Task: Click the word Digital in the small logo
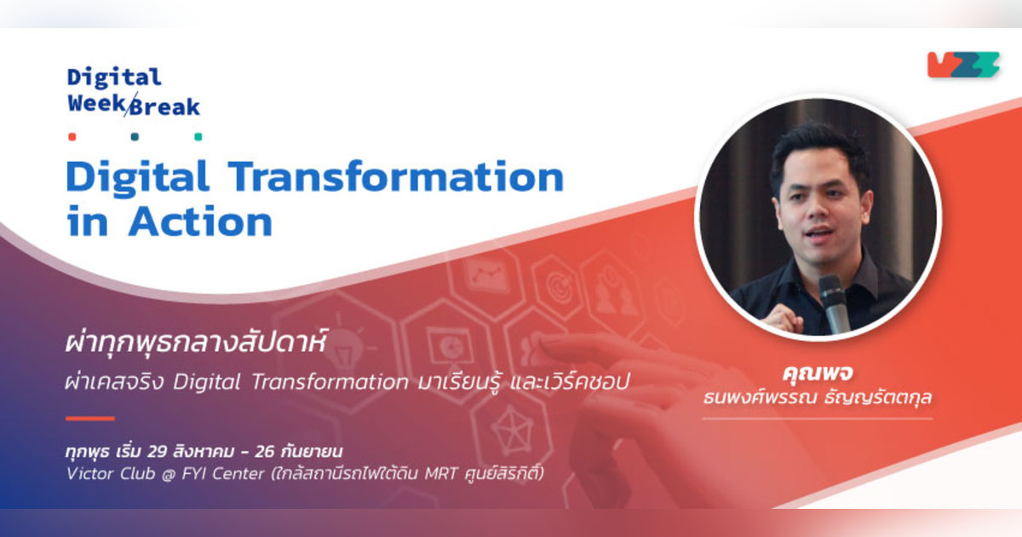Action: click(114, 78)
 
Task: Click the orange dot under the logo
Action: click(72, 136)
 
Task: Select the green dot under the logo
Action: click(198, 136)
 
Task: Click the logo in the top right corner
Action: click(963, 65)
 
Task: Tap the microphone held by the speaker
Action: click(832, 302)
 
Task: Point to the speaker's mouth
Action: click(819, 233)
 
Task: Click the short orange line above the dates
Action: click(89, 419)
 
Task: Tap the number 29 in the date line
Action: click(158, 449)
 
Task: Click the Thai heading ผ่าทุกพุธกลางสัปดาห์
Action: click(196, 345)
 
